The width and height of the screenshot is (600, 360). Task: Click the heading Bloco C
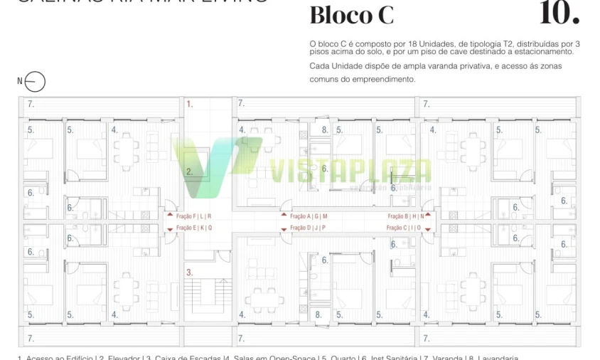point(351,15)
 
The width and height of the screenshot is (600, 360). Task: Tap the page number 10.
point(559,13)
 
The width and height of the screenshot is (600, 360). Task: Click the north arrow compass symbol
point(35,82)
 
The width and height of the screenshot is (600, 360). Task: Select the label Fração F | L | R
point(194,216)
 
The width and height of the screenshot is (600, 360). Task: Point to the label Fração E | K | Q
point(194,228)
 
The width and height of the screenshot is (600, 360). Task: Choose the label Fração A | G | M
point(309,216)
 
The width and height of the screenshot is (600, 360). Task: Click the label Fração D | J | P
point(308,228)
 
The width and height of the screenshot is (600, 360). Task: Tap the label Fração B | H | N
point(405,216)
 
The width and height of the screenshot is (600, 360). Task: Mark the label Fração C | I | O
point(404,228)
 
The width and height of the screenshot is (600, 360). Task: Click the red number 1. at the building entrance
point(190,104)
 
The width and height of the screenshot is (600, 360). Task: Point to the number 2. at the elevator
point(190,171)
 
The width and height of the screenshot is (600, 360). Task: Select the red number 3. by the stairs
point(190,272)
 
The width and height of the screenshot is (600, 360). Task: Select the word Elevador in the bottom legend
point(122,358)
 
